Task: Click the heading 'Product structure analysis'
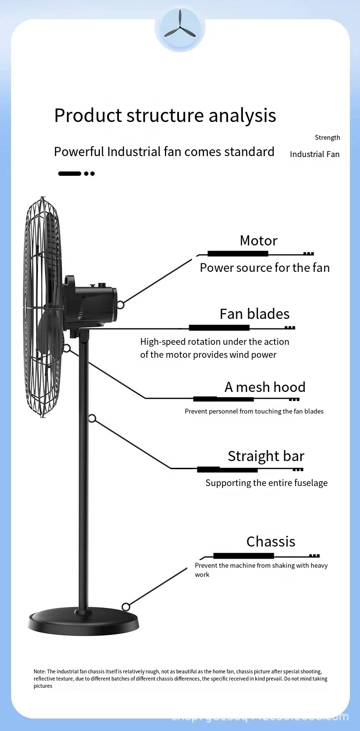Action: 165,116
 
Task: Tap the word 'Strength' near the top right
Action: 327,138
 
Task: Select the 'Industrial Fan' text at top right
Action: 314,154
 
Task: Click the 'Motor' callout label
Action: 259,241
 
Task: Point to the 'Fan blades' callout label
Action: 254,314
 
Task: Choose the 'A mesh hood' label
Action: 265,387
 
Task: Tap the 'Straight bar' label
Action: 266,456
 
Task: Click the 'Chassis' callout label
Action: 271,542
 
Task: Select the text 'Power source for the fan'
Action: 264,268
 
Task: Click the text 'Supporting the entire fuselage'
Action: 266,483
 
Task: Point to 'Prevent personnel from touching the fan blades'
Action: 254,412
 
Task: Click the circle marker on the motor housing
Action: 120,305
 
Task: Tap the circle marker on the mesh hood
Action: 67,348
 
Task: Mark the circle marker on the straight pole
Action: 93,419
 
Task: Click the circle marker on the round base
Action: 126,606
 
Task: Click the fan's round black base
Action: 84,623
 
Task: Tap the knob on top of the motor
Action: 101,285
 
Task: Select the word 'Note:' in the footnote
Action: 39,671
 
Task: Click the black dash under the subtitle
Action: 70,173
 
